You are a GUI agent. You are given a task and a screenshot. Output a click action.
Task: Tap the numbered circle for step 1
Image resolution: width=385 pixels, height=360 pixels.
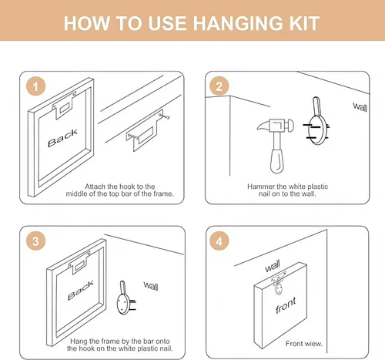[35, 86]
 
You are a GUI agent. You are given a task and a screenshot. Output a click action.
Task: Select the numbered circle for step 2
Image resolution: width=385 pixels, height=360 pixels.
[219, 86]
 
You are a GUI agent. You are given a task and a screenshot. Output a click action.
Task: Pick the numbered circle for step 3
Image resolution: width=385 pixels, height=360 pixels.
[35, 241]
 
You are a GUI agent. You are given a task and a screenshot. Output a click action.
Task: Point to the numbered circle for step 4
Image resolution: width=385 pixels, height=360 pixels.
[219, 241]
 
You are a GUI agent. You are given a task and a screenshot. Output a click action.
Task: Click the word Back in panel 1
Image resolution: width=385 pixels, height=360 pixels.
[62, 138]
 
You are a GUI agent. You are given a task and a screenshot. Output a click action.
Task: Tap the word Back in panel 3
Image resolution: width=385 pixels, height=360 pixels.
[81, 291]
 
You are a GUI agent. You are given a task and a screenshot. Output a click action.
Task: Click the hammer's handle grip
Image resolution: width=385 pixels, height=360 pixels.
[277, 160]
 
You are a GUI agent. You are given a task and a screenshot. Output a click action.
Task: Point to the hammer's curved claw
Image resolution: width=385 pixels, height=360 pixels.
[263, 126]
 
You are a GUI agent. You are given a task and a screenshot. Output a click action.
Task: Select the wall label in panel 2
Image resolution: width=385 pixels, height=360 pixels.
[360, 107]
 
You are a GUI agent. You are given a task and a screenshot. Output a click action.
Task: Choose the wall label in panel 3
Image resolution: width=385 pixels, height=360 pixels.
[151, 286]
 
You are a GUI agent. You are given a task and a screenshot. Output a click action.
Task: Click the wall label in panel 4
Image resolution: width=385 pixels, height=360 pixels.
[273, 266]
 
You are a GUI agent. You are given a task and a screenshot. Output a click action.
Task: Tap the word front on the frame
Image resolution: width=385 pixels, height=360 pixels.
[286, 305]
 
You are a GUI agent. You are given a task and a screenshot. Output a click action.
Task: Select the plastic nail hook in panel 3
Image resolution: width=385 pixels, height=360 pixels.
[126, 298]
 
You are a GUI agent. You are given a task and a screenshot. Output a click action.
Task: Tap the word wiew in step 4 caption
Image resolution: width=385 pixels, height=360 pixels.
[314, 344]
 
